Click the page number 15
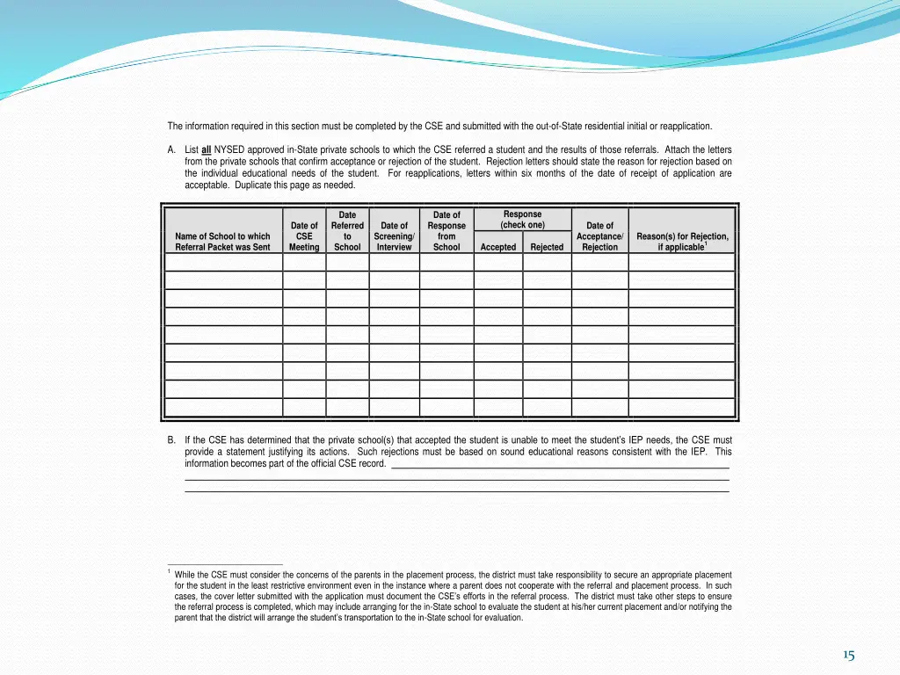[x=848, y=655]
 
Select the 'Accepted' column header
[x=497, y=247]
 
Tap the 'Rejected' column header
[x=547, y=247]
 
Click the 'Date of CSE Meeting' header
[x=304, y=236]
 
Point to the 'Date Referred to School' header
[x=347, y=231]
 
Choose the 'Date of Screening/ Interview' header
[x=394, y=236]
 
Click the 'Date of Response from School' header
[x=446, y=231]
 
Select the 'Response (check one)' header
[x=522, y=220]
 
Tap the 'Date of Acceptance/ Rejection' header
[x=599, y=236]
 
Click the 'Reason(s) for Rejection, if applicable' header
[x=682, y=242]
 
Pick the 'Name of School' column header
[x=222, y=242]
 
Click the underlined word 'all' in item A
[x=207, y=150]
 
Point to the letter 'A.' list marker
[x=171, y=150]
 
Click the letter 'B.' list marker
[x=171, y=440]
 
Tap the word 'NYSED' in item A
[x=230, y=150]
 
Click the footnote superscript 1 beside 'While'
[x=169, y=572]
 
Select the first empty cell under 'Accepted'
[x=497, y=261]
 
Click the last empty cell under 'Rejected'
[x=547, y=408]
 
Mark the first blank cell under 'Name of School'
[x=223, y=261]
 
